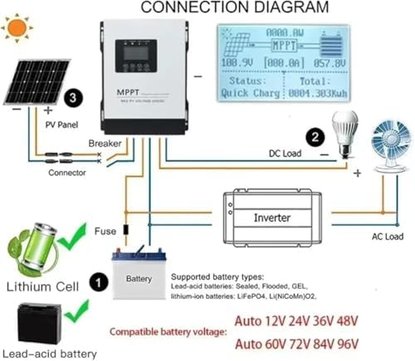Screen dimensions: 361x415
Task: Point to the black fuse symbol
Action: click(x=126, y=229)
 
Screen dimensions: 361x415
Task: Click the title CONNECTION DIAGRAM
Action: click(x=234, y=8)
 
